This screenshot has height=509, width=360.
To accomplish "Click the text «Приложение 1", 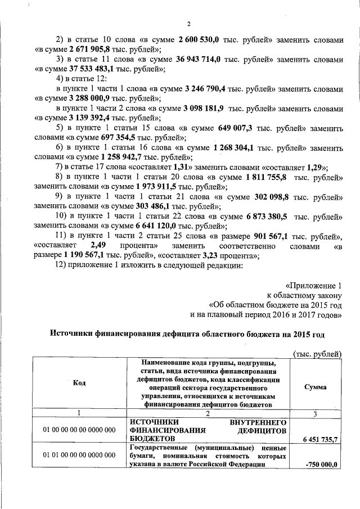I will [x=313, y=285].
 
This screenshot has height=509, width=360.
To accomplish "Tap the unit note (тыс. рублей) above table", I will [x=317, y=353].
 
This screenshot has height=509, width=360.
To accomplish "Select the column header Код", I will [x=79, y=383].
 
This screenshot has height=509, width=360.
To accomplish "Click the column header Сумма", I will [x=315, y=388].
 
